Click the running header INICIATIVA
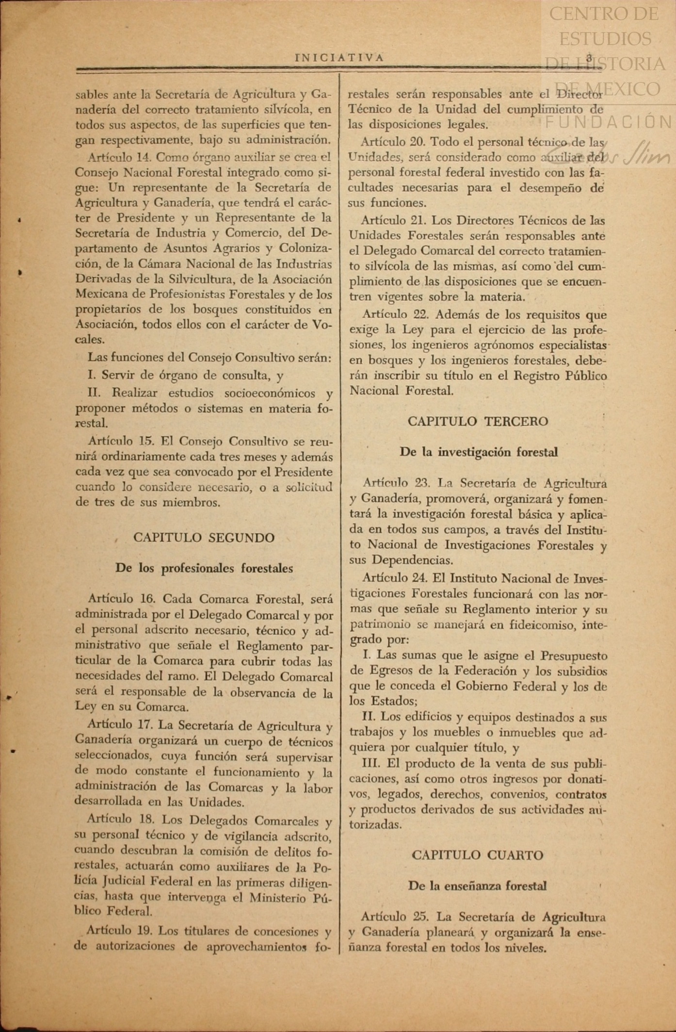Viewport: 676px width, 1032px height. [x=339, y=58]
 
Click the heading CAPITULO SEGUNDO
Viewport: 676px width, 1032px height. [x=204, y=538]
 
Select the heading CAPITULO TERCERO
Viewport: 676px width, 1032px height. [x=478, y=421]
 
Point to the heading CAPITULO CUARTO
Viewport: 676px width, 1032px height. [x=478, y=855]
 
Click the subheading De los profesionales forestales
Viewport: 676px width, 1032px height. [x=204, y=568]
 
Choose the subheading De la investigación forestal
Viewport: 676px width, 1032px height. [x=478, y=452]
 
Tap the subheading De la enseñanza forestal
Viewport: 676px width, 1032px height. [x=478, y=886]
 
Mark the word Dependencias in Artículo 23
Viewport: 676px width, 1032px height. [x=412, y=560]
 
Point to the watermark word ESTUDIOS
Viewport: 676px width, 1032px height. [x=605, y=39]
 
